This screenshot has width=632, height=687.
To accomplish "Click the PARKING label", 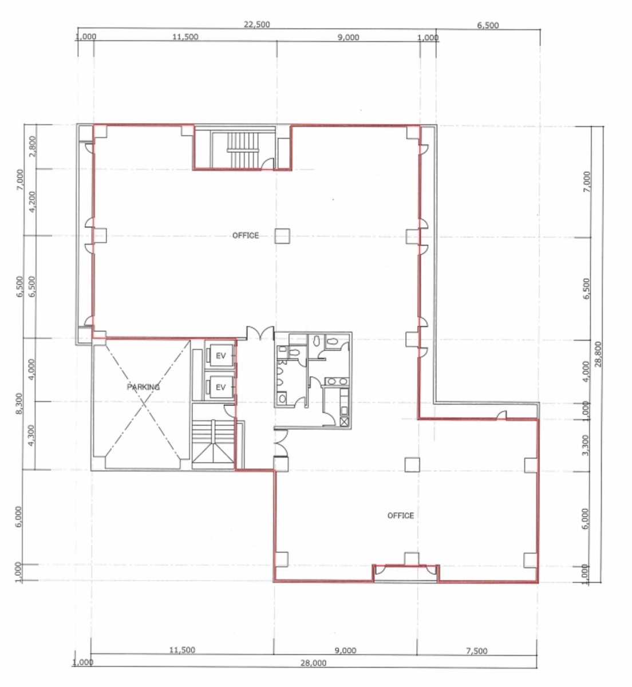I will point(143,387).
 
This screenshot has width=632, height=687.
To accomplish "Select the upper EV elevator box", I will point(221,356).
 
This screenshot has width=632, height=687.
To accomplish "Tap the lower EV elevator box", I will point(221,388).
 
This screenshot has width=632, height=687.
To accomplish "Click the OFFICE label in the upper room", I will point(246,235).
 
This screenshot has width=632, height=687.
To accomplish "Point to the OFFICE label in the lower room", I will point(401,515).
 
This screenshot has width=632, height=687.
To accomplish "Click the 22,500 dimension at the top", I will point(257,25).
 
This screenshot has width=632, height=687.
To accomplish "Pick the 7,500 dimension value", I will point(477,650).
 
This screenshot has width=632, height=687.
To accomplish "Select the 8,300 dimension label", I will point(18,404).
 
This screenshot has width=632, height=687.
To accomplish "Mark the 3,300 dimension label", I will point(585,445).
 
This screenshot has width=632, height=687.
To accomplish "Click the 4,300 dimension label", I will point(32,436).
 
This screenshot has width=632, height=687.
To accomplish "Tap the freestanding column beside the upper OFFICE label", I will point(281,235).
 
